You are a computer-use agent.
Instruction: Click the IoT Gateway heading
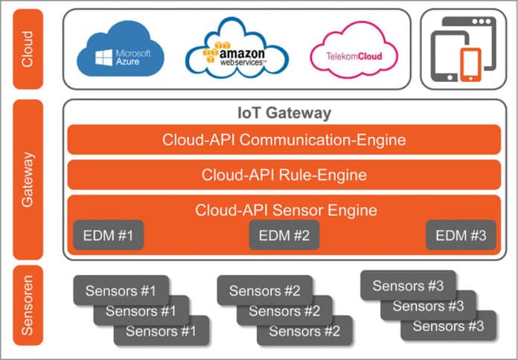click(x=284, y=114)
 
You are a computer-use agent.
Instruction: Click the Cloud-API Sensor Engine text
click(x=286, y=210)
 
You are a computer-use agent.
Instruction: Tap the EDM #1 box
click(x=109, y=236)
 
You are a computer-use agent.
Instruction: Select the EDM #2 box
click(x=284, y=236)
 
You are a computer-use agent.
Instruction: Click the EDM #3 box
click(x=461, y=236)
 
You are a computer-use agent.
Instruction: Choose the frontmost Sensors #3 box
click(x=449, y=326)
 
